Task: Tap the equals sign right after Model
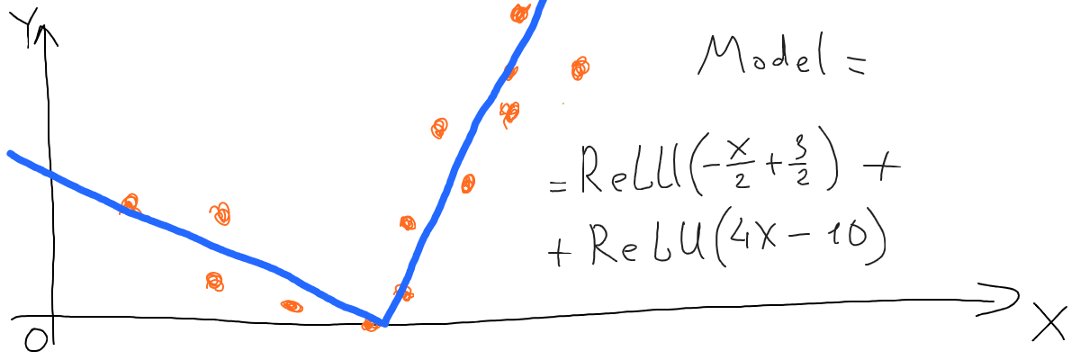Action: (x=853, y=64)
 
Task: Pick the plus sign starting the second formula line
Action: (x=560, y=252)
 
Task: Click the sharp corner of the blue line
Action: (x=383, y=322)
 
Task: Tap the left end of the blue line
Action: (x=10, y=153)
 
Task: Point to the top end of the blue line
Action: (x=544, y=3)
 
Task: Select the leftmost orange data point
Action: (x=130, y=203)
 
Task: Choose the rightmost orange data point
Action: (x=580, y=67)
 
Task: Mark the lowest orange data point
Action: (x=370, y=325)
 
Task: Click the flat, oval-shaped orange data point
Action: (x=292, y=306)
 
